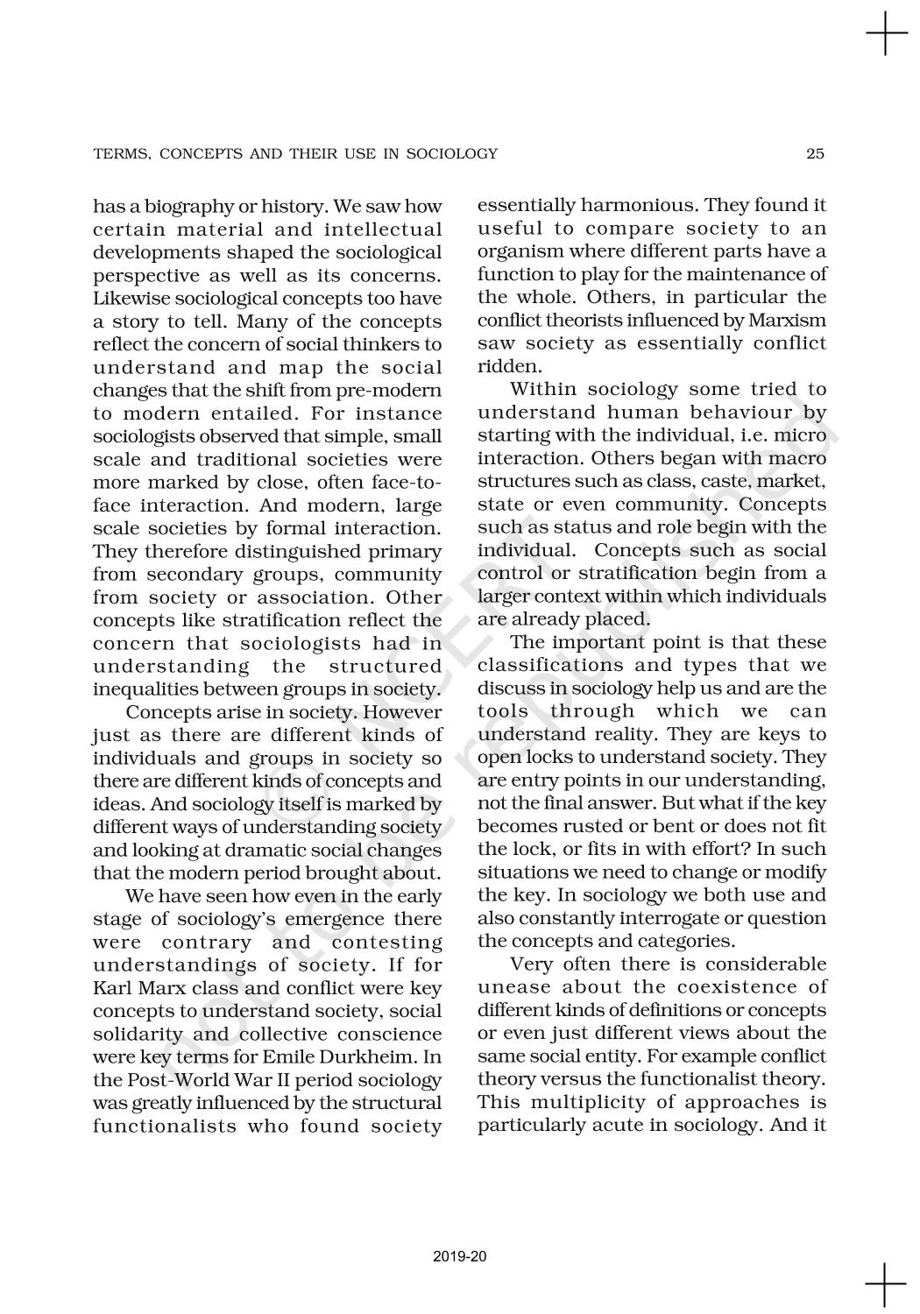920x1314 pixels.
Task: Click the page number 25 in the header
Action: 815,154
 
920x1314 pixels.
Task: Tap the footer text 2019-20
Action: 459,1257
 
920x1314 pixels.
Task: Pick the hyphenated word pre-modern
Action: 388,391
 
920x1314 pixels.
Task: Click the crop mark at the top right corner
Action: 886,34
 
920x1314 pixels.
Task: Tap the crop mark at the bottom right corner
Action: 886,1284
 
